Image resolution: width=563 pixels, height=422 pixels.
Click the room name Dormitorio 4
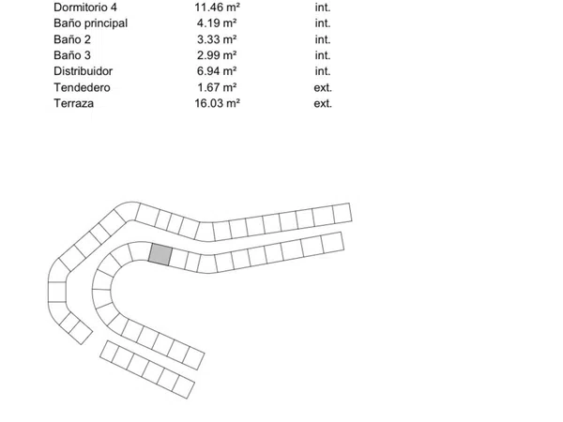pyautogui.click(x=85, y=8)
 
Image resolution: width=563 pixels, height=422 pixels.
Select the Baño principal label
pyautogui.click(x=90, y=23)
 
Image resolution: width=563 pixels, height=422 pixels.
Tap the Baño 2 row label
pyautogui.click(x=72, y=39)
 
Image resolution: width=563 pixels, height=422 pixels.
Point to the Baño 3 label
pyautogui.click(x=72, y=55)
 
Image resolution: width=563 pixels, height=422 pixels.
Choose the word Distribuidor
pyautogui.click(x=83, y=71)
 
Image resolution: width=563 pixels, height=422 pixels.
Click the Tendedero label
pyautogui.click(x=82, y=87)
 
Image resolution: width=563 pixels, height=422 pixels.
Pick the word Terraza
pyautogui.click(x=73, y=103)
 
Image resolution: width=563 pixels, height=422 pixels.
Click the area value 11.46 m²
pyautogui.click(x=218, y=8)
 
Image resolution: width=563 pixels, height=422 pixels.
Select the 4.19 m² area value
pyautogui.click(x=217, y=23)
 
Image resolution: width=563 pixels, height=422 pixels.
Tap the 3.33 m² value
pyautogui.click(x=217, y=39)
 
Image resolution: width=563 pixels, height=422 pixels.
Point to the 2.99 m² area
pyautogui.click(x=217, y=55)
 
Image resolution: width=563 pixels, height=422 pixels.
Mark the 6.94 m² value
pyautogui.click(x=217, y=71)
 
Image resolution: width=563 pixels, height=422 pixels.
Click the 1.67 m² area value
pyautogui.click(x=217, y=87)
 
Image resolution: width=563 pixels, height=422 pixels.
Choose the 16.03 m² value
pyautogui.click(x=218, y=103)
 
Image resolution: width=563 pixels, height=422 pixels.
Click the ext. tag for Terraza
pyautogui.click(x=323, y=103)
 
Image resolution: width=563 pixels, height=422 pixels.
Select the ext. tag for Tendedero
pyautogui.click(x=323, y=87)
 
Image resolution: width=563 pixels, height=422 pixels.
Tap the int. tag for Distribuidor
pyautogui.click(x=323, y=71)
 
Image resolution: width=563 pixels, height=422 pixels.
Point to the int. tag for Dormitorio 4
pyautogui.click(x=323, y=8)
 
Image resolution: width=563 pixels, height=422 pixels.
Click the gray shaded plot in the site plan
pyautogui.click(x=160, y=254)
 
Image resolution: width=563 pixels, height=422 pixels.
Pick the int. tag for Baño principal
pyautogui.click(x=323, y=23)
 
